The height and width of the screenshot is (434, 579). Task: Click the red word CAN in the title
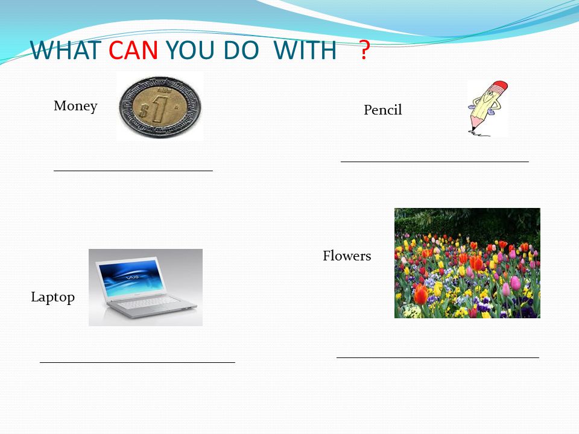(133, 50)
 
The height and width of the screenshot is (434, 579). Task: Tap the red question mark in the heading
(364, 50)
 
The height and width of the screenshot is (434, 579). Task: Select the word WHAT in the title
(66, 50)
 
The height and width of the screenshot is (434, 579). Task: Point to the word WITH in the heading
(305, 50)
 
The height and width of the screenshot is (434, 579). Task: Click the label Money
(76, 106)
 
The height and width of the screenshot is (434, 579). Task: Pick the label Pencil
(383, 110)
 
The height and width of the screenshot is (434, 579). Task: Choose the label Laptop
(53, 297)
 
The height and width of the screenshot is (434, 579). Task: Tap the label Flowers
(347, 256)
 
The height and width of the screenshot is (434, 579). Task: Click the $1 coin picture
(160, 107)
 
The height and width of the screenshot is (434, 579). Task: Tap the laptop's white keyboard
(148, 304)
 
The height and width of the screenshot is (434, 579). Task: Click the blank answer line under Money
(133, 171)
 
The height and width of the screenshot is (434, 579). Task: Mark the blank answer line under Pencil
(435, 162)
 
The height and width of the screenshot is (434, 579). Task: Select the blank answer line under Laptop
(138, 362)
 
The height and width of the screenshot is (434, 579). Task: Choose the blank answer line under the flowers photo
(438, 357)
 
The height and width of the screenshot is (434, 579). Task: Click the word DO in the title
(241, 50)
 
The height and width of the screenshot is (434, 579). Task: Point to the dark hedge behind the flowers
(467, 221)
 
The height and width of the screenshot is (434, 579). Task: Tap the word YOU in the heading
(190, 50)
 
